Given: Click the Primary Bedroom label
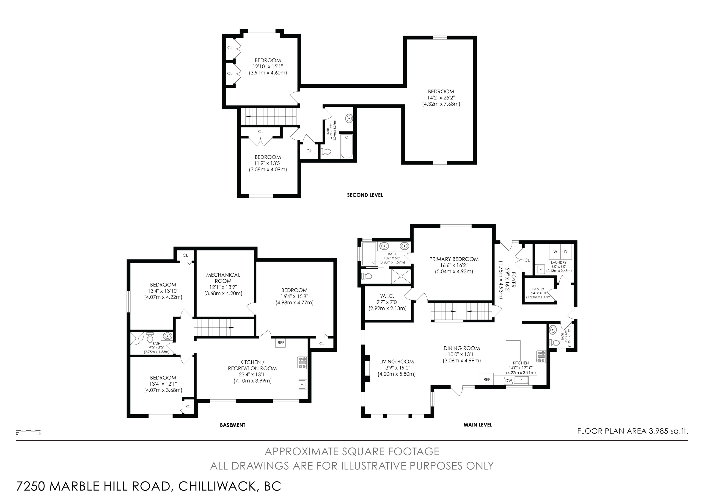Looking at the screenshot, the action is click(x=454, y=259).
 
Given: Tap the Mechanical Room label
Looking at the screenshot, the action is click(x=223, y=278).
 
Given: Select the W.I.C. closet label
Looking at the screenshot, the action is click(x=387, y=296).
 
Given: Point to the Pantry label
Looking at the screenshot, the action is click(x=538, y=289).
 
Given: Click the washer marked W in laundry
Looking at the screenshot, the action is click(x=555, y=252).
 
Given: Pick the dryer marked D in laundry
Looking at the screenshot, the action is click(x=566, y=252).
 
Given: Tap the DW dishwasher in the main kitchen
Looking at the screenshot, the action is click(x=509, y=381).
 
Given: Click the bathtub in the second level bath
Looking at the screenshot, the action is click(x=347, y=146).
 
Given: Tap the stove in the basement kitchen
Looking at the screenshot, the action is click(x=302, y=362).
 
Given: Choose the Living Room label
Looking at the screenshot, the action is click(x=396, y=362).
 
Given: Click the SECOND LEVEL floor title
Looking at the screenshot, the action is click(x=365, y=195).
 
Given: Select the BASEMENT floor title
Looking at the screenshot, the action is click(x=232, y=425).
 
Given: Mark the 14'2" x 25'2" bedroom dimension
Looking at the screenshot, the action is click(x=441, y=97).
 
